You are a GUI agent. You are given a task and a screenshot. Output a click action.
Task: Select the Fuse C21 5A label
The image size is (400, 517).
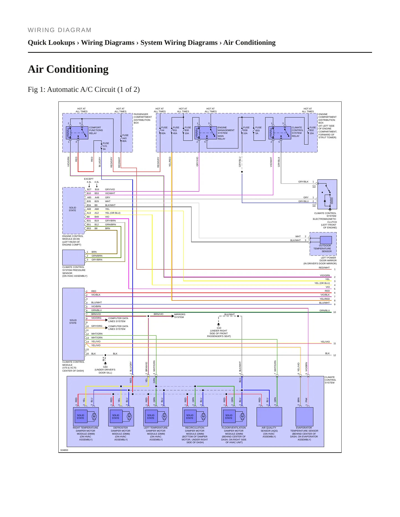[x=106, y=146]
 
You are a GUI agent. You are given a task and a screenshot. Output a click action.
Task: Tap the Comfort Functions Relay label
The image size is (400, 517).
[x=96, y=130]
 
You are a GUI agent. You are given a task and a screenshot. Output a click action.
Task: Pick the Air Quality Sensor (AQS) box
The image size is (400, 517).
[x=269, y=417]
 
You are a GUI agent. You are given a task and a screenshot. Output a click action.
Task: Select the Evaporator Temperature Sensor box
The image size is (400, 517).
[x=304, y=417]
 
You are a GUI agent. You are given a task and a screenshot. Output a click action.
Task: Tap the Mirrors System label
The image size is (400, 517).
[x=180, y=316]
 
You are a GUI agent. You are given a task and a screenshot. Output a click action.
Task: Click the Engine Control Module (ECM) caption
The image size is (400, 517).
[x=73, y=241]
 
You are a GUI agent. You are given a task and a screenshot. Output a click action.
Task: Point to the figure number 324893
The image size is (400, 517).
[x=64, y=450]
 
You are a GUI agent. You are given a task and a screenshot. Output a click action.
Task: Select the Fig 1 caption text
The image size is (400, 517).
[x=84, y=90]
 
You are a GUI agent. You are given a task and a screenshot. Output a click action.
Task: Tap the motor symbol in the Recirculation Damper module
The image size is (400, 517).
[x=203, y=416]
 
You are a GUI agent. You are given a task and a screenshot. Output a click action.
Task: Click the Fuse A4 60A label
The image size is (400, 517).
[x=164, y=130]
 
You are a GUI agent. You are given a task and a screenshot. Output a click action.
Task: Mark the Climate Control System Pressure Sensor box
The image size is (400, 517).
[x=73, y=258]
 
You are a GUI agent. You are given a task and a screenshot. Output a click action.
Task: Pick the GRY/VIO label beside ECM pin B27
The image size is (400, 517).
[x=110, y=189]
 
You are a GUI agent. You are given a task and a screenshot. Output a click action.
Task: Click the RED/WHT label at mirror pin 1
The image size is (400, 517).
[x=324, y=268]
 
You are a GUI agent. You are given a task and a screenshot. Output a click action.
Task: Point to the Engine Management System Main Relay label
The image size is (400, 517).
[x=226, y=133]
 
